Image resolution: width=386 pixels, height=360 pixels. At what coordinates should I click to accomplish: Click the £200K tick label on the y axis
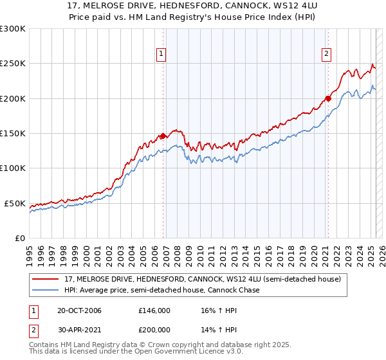point(12,98)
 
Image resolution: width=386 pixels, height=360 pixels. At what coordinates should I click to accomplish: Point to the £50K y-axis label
point(15,203)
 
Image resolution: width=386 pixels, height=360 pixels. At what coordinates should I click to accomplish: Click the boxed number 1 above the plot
point(161,54)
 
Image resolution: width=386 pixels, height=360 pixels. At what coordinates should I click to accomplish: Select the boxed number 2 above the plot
point(327,54)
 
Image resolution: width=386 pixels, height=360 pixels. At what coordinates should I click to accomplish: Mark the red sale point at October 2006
point(163,136)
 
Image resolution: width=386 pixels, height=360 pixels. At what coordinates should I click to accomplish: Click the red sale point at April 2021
point(327,98)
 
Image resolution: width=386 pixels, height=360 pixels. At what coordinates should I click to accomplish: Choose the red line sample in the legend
point(46,279)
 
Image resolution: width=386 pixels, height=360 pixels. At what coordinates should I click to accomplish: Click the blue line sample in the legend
point(46,291)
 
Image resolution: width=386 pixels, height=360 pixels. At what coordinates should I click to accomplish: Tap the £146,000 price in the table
point(154,310)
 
